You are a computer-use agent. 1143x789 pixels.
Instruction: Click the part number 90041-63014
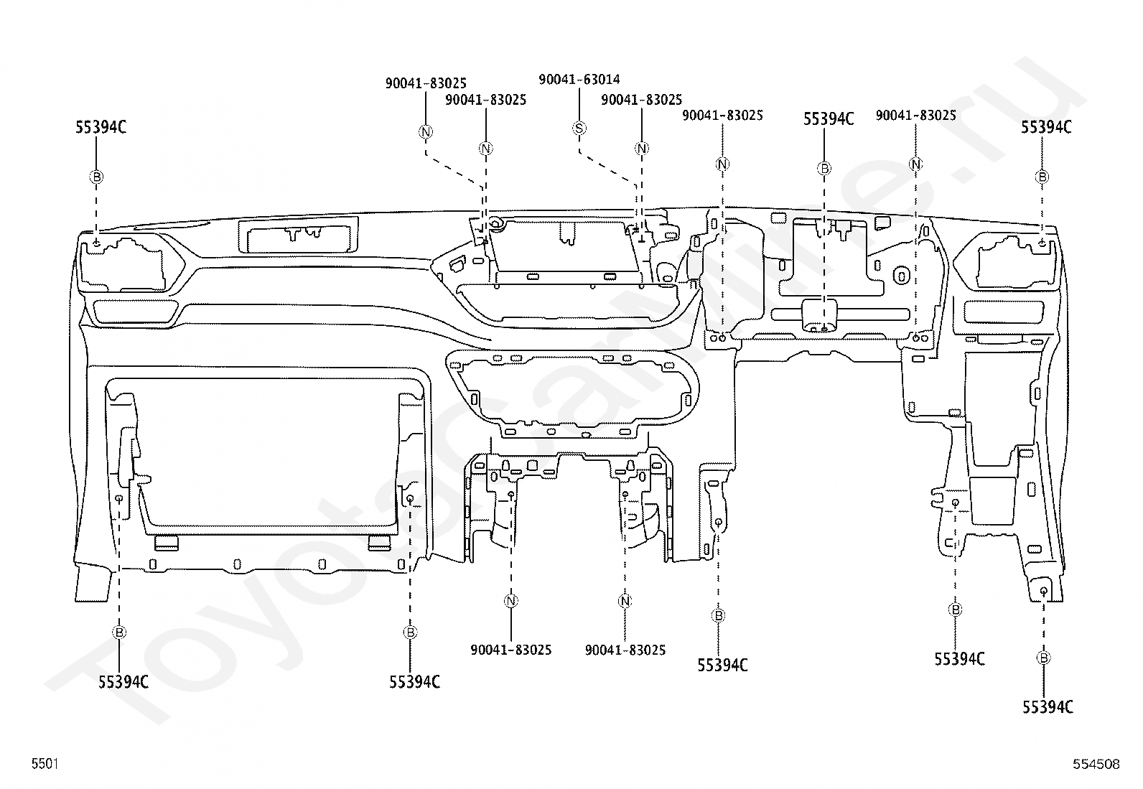579,80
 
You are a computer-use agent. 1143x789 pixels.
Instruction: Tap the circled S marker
579,128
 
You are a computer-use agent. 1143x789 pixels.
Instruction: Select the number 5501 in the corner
45,763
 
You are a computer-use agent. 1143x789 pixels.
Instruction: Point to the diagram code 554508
1096,764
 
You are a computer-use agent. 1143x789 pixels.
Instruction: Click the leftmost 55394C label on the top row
101,127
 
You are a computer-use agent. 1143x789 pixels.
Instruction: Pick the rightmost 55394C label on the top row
1047,127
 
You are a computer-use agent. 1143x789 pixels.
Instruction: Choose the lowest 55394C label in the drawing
1048,707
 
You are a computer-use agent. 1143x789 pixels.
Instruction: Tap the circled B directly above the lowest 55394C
1043,658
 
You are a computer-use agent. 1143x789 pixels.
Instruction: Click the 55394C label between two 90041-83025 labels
829,119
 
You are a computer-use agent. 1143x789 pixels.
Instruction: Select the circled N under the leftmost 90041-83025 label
426,131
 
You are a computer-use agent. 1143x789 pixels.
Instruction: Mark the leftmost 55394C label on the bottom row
123,681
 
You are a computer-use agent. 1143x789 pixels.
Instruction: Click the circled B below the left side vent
119,632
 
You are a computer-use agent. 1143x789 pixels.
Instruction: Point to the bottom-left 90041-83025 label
510,650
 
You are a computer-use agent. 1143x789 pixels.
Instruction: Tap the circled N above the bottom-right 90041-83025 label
625,601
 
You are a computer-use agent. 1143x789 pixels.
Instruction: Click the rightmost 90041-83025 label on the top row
916,116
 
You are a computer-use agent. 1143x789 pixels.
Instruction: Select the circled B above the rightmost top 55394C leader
1042,177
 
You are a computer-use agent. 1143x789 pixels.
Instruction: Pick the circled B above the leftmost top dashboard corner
96,177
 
